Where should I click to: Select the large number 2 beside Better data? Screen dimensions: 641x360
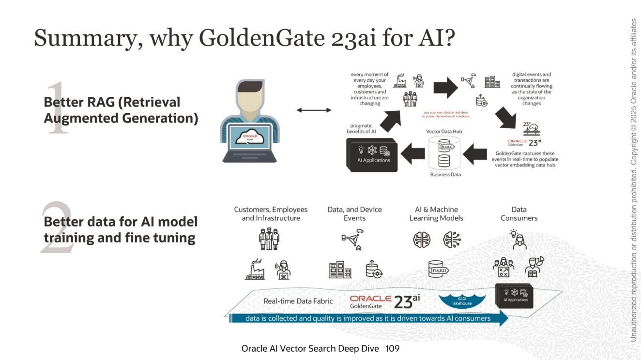pos(57,227)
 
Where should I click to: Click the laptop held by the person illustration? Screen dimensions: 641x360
pos(249,142)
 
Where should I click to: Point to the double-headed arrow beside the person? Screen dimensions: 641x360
pos(313,110)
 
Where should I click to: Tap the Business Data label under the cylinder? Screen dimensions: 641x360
pos(445,174)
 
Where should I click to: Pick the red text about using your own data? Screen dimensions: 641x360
pos(446,114)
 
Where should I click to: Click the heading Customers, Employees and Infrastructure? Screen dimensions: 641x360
pos(271,214)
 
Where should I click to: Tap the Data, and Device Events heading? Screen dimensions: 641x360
pos(354,214)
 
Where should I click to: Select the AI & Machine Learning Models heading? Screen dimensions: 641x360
pos(436,214)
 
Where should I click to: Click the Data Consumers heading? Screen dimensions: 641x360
pos(519,214)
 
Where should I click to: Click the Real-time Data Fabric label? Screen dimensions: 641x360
pos(298,301)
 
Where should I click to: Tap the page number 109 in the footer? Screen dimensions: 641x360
pos(393,348)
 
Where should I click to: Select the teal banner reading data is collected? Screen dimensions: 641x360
pos(368,318)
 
